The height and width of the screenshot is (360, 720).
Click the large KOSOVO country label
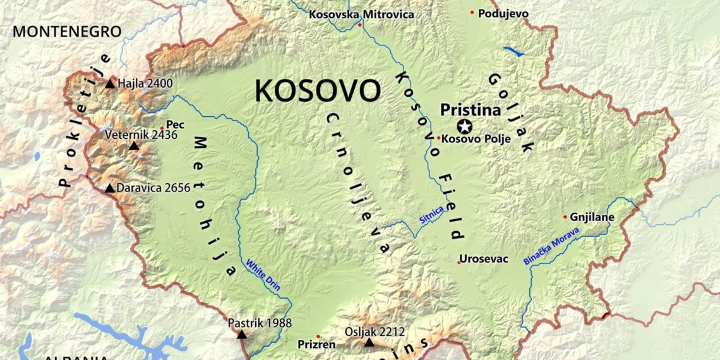(318, 92)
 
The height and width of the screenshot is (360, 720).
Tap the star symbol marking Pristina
(465, 126)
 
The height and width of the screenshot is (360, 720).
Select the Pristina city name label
(471, 110)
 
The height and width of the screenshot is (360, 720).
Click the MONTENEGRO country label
(67, 32)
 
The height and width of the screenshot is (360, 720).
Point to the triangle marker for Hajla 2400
(111, 83)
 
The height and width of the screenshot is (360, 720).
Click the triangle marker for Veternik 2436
(133, 147)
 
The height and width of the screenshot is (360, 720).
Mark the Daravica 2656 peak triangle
(110, 188)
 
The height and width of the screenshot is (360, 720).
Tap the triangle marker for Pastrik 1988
(241, 334)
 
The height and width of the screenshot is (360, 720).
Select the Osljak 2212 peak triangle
(369, 342)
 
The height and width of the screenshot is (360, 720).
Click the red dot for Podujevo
(472, 13)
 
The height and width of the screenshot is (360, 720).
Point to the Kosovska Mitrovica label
(361, 14)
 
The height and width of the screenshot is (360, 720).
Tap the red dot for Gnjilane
(565, 217)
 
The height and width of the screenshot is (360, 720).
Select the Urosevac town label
(483, 259)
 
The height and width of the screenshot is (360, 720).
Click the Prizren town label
(316, 345)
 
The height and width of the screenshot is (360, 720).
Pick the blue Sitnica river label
(431, 215)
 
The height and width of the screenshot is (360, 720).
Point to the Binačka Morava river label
(551, 250)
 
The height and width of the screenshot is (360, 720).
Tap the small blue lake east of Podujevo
(513, 51)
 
